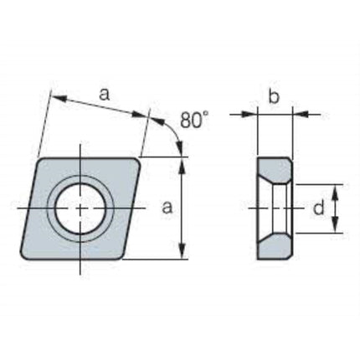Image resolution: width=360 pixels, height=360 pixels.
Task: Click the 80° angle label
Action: coord(194,120)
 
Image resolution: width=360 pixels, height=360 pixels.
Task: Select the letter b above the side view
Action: coord(274,96)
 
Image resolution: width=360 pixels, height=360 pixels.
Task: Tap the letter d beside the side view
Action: coord(319,208)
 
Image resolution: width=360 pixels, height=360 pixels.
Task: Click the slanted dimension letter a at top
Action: coord(105,95)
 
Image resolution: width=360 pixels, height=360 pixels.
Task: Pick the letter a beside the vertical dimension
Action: coord(167,208)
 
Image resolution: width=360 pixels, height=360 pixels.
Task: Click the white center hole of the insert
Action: coord(80,208)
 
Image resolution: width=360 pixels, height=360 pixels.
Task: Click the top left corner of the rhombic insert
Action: coord(39,160)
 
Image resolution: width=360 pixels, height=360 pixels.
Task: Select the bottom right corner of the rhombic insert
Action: coord(123,258)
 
